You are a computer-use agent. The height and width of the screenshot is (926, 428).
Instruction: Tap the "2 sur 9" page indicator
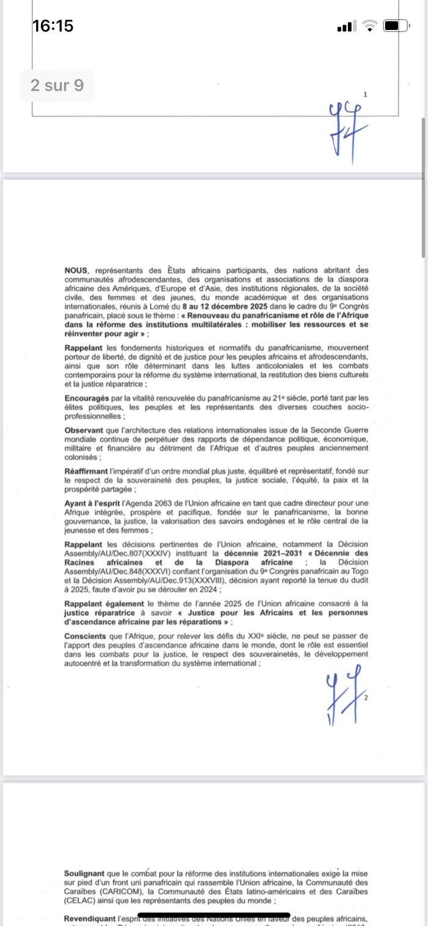click(57, 85)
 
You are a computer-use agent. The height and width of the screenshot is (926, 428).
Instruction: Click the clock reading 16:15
click(53, 26)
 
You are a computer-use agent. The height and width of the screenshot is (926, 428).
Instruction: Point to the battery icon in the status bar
click(396, 26)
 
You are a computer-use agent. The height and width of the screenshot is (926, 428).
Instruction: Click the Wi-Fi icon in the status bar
click(370, 26)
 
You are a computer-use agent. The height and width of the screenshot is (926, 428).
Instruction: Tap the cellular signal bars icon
click(345, 26)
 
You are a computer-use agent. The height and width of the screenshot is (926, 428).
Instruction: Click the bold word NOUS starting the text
click(76, 270)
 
